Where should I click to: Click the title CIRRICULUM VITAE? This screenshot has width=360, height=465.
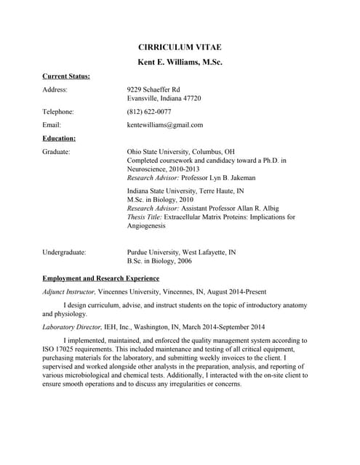(180, 47)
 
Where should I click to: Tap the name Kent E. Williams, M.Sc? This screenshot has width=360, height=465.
(180, 62)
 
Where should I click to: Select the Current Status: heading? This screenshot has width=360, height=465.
(66, 76)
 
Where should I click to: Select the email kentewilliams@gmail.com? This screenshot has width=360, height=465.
(165, 125)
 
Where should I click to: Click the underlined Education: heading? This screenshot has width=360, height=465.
(59, 138)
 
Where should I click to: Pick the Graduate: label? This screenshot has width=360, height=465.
(56, 152)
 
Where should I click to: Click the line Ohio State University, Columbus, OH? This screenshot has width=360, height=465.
(180, 152)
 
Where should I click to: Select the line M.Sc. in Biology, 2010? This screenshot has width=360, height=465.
(160, 199)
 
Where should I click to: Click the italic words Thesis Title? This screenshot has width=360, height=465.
(145, 217)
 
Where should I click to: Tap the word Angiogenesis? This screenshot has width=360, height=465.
(147, 226)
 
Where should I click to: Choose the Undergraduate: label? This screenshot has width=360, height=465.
(64, 252)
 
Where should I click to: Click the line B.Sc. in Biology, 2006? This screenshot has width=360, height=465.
(159, 261)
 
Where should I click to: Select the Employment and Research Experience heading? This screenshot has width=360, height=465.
(101, 278)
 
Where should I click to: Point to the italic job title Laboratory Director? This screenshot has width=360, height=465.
(70, 327)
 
